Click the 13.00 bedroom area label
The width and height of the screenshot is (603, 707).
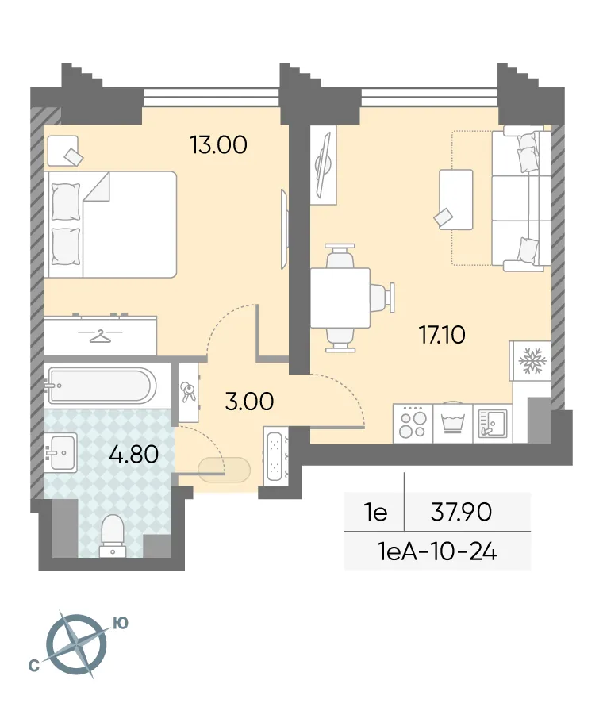(x=218, y=145)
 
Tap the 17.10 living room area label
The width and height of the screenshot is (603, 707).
(x=442, y=335)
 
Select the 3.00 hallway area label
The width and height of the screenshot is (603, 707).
(x=249, y=402)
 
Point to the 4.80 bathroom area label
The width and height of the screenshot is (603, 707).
(x=134, y=455)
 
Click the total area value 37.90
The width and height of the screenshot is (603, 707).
(x=461, y=513)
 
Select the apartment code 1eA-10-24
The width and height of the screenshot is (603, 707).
(x=437, y=551)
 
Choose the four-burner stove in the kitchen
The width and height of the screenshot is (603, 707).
(x=413, y=423)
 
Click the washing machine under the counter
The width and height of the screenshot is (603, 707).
(x=452, y=423)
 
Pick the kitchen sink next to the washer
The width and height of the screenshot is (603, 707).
(x=492, y=423)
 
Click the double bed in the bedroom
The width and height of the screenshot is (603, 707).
(x=110, y=224)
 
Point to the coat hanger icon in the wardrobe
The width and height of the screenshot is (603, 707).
(x=99, y=336)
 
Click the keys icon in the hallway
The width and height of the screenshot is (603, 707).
(x=189, y=391)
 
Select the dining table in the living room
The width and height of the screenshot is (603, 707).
(x=340, y=298)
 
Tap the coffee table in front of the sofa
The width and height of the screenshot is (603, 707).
(x=455, y=199)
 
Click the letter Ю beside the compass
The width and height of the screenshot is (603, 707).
(x=120, y=624)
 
